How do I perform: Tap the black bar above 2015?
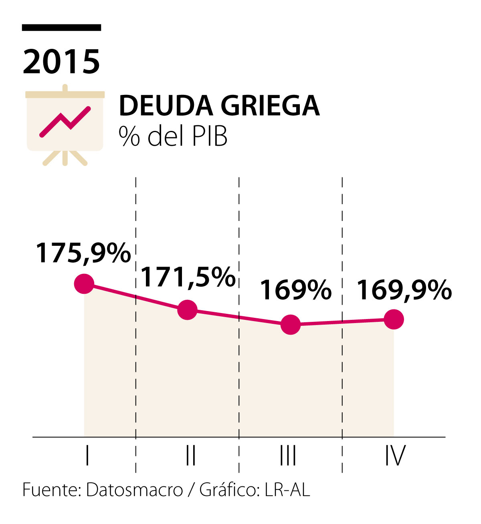click(61, 28)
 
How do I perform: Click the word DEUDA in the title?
click(166, 106)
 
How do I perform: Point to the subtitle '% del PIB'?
click(173, 136)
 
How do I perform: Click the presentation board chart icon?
click(65, 124)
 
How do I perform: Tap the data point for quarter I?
click(84, 284)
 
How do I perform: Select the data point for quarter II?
click(187, 310)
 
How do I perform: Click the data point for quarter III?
click(291, 324)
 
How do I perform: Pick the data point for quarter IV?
click(394, 319)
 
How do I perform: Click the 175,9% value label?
click(83, 253)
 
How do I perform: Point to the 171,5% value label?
click(188, 277)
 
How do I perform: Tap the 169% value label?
click(296, 290)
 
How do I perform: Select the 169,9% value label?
click(404, 290)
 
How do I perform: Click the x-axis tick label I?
click(87, 456)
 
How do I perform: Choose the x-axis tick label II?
click(191, 456)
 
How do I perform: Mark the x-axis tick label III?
click(288, 456)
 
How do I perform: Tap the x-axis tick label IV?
click(395, 456)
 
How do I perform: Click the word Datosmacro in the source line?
click(134, 490)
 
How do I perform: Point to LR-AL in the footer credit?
click(287, 490)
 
